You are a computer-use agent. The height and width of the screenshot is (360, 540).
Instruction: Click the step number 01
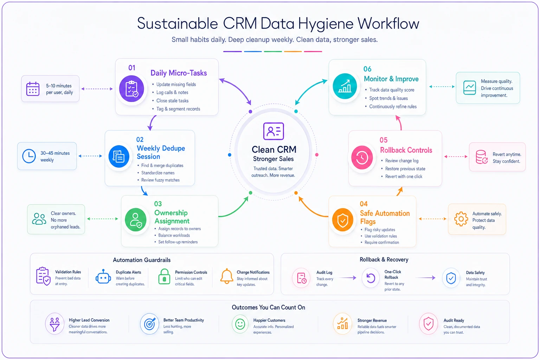click(131, 68)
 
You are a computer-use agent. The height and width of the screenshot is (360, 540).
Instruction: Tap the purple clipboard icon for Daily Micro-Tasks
click(131, 89)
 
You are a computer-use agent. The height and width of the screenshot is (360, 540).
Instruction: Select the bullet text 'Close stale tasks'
click(172, 101)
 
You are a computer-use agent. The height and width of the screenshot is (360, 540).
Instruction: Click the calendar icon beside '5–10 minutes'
click(33, 89)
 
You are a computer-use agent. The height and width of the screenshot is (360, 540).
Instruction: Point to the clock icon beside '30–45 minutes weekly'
click(29, 156)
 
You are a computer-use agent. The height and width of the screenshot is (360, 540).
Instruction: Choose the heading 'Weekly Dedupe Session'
click(161, 152)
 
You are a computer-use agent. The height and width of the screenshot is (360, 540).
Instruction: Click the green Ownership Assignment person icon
click(135, 220)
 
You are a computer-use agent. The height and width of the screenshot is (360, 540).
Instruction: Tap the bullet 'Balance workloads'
click(174, 235)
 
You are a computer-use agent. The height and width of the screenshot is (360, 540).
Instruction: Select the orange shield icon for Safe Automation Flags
click(342, 220)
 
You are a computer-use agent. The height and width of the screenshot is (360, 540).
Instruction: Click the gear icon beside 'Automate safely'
click(461, 219)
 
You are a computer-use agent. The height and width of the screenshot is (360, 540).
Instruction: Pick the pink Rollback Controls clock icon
click(362, 157)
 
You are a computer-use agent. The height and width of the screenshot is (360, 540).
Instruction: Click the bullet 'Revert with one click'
click(404, 176)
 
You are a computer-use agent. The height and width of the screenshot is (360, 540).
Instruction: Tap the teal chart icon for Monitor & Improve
click(345, 86)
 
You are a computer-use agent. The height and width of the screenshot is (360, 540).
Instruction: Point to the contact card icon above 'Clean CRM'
click(274, 131)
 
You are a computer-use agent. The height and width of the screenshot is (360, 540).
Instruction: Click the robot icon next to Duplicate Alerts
click(103, 277)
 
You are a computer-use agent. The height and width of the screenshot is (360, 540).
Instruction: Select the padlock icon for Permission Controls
click(164, 276)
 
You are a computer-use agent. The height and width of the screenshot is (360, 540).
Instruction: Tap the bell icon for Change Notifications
click(227, 276)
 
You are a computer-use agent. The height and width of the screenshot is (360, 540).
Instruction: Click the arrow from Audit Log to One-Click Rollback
click(347, 278)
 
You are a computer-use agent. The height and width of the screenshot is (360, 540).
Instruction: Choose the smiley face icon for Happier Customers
click(240, 324)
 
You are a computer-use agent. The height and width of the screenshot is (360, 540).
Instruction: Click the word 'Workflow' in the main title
click(388, 24)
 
